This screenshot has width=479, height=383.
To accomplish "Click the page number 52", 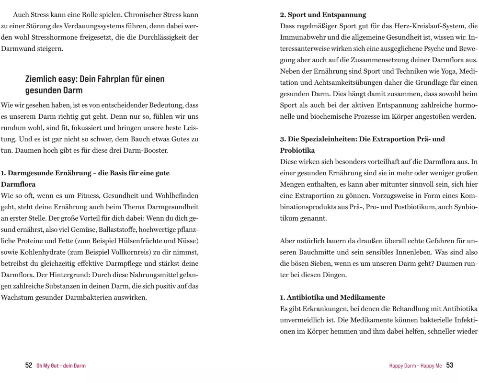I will (x=29, y=365).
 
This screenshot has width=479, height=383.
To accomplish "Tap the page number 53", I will (x=450, y=365).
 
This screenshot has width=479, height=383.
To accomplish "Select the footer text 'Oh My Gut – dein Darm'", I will (x=61, y=366).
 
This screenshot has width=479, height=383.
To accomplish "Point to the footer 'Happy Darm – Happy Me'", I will (x=416, y=366).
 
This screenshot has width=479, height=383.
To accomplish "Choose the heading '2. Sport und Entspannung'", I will (x=323, y=15).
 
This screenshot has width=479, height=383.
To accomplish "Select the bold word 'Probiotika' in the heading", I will (x=297, y=150).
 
